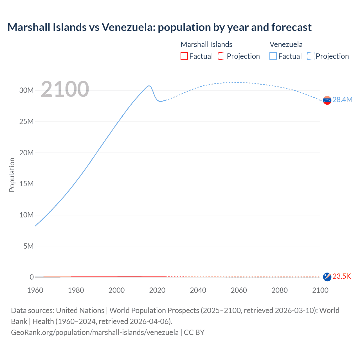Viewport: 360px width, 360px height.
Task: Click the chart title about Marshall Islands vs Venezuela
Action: [x=159, y=27]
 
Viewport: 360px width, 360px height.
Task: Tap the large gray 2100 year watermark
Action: [x=65, y=89]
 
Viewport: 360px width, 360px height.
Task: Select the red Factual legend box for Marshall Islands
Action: [x=184, y=56]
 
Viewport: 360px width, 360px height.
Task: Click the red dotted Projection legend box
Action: [x=222, y=56]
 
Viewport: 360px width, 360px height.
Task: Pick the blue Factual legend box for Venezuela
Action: [x=273, y=56]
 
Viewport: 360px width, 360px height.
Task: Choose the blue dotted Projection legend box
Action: [x=311, y=56]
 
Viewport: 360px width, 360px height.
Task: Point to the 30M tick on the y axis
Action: [x=26, y=90]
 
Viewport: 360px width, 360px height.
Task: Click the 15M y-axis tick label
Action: [x=26, y=184]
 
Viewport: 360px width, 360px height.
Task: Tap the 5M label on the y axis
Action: [x=28, y=246]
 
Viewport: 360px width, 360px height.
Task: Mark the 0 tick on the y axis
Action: [x=32, y=277]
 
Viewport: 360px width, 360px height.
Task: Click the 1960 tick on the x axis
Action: [x=35, y=290]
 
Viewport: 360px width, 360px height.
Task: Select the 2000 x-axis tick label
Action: [x=116, y=290]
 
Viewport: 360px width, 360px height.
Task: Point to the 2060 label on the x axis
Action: [x=239, y=290]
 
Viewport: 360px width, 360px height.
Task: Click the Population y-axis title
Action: [x=12, y=175]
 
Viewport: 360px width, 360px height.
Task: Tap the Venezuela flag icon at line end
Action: [x=327, y=100]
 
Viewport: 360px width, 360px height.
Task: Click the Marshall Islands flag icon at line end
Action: [x=327, y=277]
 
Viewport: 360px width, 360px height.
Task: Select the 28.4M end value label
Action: [x=342, y=100]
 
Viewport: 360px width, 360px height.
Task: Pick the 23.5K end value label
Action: [x=342, y=276]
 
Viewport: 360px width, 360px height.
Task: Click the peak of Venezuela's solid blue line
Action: [x=149, y=85]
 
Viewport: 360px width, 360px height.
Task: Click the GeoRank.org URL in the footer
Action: [x=95, y=332]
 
